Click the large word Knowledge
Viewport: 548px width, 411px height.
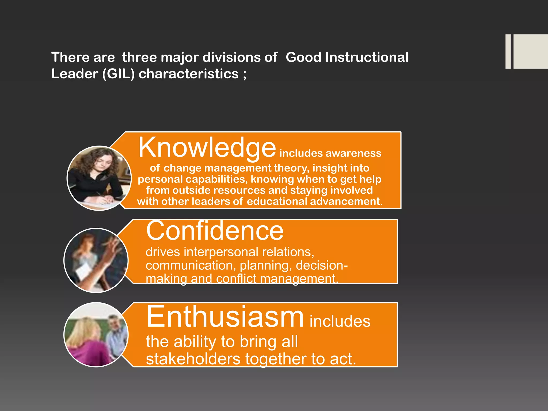pyautogui.click(x=207, y=148)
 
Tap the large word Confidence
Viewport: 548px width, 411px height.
pyautogui.click(x=215, y=231)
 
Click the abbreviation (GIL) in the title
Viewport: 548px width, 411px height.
pyautogui.click(x=118, y=74)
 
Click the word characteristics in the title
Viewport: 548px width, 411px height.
pyautogui.click(x=188, y=74)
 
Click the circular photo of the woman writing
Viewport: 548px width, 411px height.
pyautogui.click(x=99, y=178)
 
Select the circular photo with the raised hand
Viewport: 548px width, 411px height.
pyautogui.click(x=96, y=260)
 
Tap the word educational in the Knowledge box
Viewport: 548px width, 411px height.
pyautogui.click(x=277, y=201)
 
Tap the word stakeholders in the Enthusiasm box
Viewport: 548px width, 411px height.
pyautogui.click(x=193, y=359)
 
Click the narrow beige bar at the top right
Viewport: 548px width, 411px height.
pyautogui.click(x=508, y=51)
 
